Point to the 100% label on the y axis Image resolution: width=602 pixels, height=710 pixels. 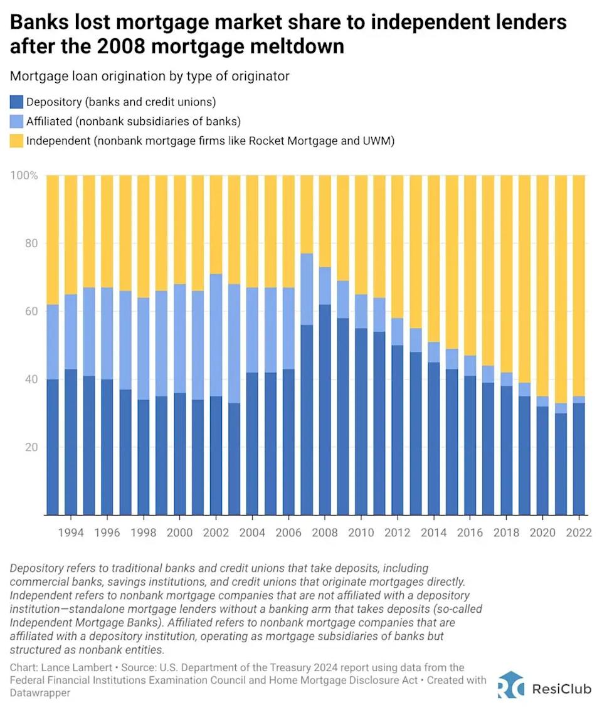(24, 176)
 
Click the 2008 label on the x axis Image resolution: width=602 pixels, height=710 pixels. (325, 533)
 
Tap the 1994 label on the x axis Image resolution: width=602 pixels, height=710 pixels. (71, 533)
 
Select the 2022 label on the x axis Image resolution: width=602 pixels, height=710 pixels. (579, 533)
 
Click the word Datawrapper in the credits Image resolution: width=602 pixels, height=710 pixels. (40, 694)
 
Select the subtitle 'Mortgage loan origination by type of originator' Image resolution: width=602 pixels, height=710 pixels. (149, 76)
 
